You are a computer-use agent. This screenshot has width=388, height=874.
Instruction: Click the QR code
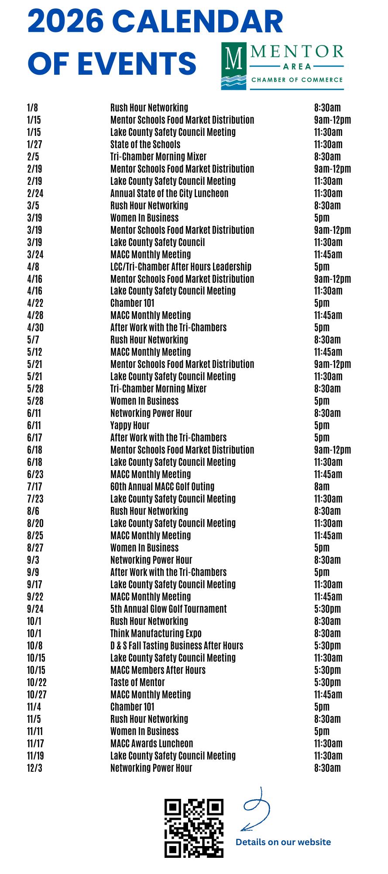tap(194, 828)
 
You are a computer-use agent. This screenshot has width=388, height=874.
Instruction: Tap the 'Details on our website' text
tap(283, 842)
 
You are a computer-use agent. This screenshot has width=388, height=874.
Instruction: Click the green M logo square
tap(234, 66)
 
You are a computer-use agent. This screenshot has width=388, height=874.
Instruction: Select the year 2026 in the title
tap(66, 22)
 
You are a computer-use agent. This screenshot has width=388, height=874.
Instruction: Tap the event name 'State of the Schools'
tap(145, 144)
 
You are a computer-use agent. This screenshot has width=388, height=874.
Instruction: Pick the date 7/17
tap(34, 486)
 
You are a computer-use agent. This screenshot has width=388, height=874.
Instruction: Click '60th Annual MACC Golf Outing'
tap(162, 486)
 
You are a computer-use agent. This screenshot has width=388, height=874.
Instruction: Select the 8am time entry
tap(322, 486)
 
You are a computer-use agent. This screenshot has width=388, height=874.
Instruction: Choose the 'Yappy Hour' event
tap(130, 425)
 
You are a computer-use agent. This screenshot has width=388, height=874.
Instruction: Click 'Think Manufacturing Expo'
tap(156, 633)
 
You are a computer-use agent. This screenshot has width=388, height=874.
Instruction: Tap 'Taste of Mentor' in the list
tap(137, 682)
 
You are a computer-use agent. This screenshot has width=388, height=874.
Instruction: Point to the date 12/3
tap(34, 768)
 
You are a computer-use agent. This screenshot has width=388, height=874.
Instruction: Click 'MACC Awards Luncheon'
tap(151, 743)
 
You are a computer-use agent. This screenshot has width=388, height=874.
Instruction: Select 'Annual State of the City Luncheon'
tap(169, 193)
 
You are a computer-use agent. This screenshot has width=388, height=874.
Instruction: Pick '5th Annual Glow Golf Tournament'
tap(168, 609)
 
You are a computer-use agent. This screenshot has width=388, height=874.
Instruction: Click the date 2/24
tap(35, 193)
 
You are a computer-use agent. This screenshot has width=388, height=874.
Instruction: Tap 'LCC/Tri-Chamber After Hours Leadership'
tap(181, 267)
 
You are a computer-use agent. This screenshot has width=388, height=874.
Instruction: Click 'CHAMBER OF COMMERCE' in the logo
tap(297, 80)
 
